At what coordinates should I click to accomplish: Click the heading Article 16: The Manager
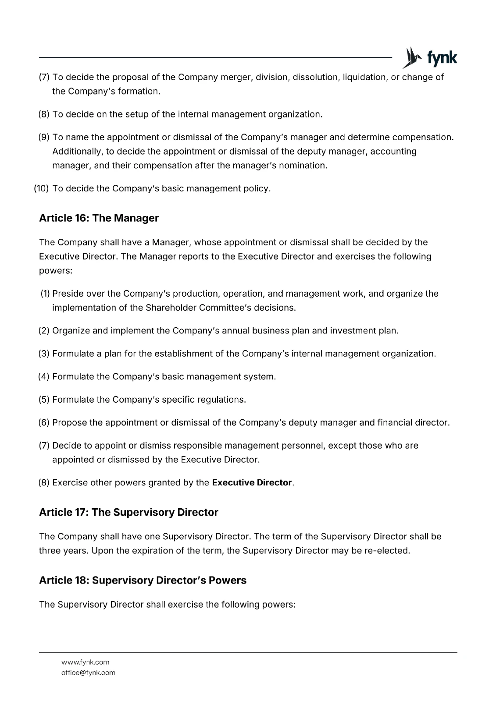click(x=99, y=218)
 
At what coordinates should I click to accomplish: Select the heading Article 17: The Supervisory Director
click(x=128, y=512)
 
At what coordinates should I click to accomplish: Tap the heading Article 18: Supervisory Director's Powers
click(x=143, y=580)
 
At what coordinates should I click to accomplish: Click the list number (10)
click(x=41, y=189)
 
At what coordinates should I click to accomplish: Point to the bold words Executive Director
click(x=252, y=483)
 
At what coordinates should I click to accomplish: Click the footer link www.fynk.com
click(x=86, y=662)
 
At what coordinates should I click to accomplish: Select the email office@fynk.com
click(x=88, y=673)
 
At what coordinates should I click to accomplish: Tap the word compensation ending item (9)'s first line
click(x=422, y=138)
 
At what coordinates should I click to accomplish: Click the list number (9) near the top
click(x=44, y=138)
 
